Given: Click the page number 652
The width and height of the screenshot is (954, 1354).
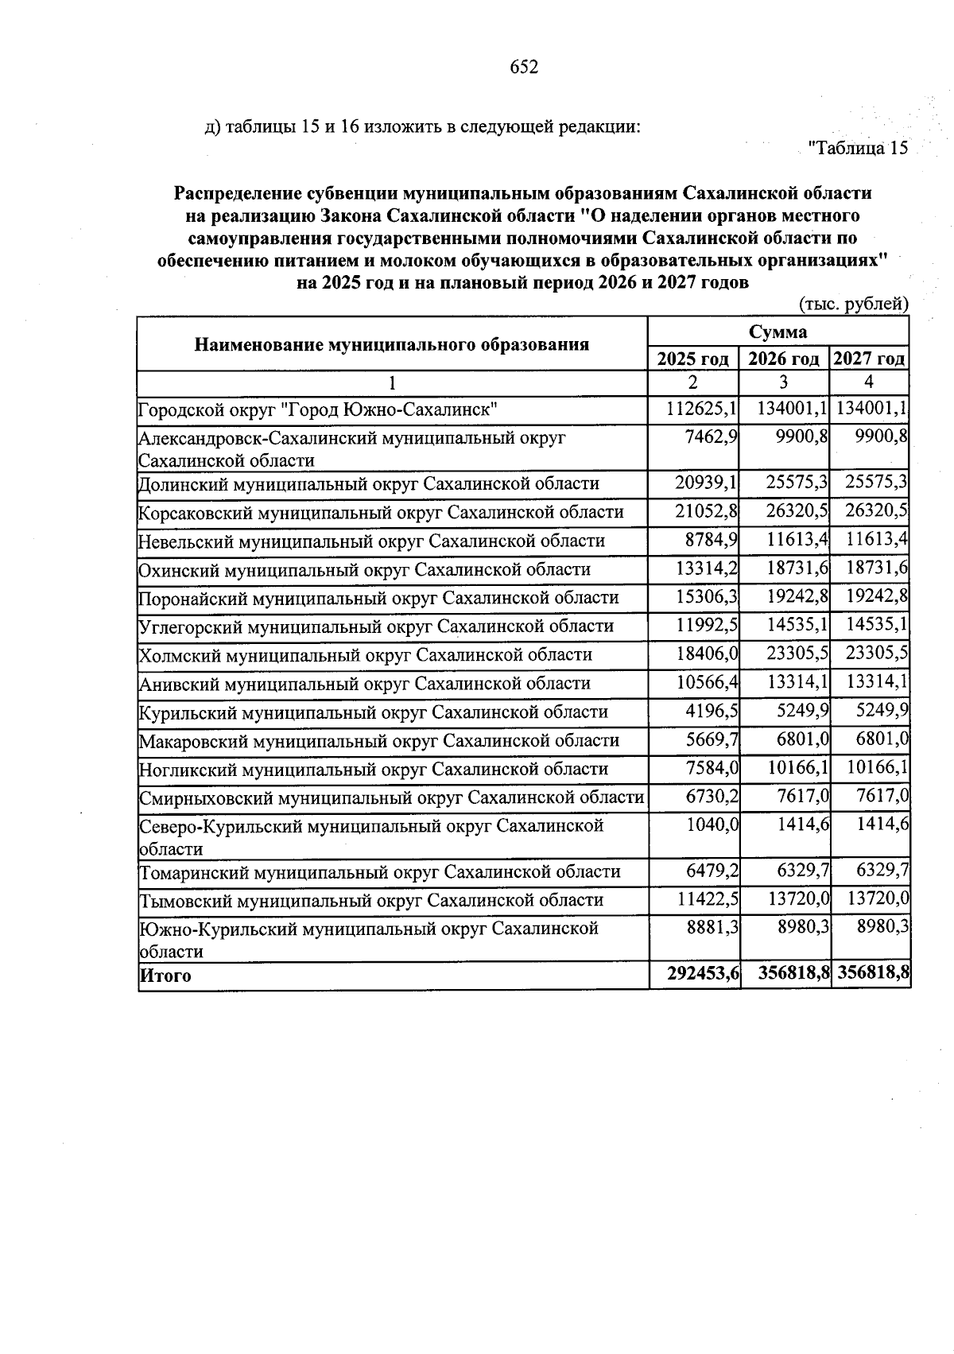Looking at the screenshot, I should pyautogui.click(x=524, y=68).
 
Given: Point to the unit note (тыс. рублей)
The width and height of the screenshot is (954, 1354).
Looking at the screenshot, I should pyautogui.click(x=852, y=303).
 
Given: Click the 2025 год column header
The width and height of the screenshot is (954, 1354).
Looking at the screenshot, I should pyautogui.click(x=693, y=359).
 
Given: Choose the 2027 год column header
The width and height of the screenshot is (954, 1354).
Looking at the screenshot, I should pyautogui.click(x=869, y=359).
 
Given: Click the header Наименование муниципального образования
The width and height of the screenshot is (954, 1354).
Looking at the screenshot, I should pyautogui.click(x=392, y=344).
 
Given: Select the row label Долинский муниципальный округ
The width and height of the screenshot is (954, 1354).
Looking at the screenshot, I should pyautogui.click(x=368, y=483).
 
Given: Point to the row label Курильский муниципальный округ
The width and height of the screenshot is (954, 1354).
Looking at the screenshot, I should pyautogui.click(x=373, y=712).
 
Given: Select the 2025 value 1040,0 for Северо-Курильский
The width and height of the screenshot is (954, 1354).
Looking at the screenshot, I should pyautogui.click(x=712, y=825).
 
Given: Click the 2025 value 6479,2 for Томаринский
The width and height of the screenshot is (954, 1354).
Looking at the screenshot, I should pyautogui.click(x=712, y=871).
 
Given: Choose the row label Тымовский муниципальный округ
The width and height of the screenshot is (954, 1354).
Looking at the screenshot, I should pyautogui.click(x=370, y=900).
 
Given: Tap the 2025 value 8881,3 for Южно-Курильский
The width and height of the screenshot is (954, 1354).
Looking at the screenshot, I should pyautogui.click(x=712, y=928).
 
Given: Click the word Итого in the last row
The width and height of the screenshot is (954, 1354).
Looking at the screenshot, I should pyautogui.click(x=165, y=976).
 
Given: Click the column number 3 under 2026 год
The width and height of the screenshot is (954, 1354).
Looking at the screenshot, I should pyautogui.click(x=783, y=382).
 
